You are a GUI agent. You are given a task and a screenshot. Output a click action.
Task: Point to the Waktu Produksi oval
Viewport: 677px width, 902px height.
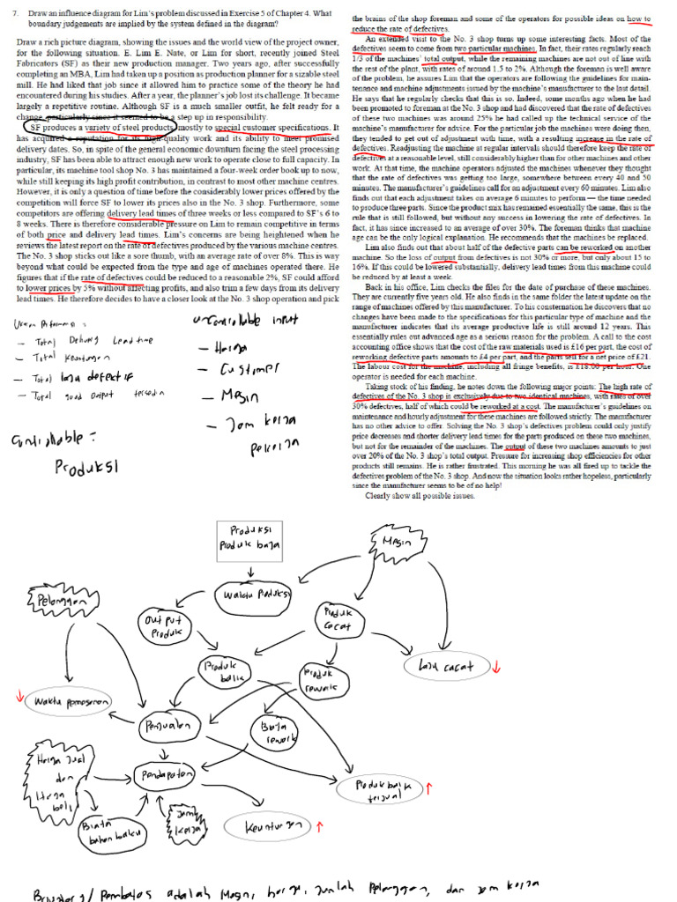click(256, 594)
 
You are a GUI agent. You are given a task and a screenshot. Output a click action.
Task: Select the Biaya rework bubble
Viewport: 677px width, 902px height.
click(276, 733)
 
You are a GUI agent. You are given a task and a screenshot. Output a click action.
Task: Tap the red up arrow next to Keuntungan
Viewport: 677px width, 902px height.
click(319, 824)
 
